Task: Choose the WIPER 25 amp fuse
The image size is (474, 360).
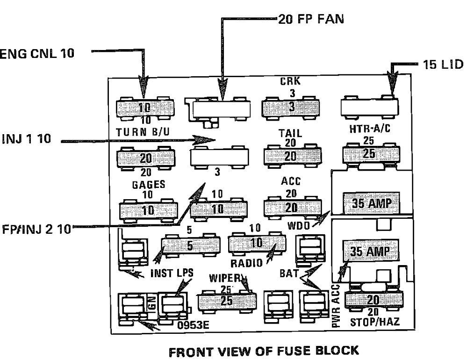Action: (x=227, y=302)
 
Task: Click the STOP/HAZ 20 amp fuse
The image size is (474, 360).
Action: (x=373, y=299)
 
